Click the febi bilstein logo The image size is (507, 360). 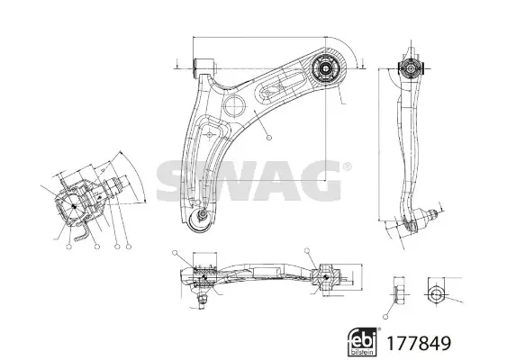tap(362, 342)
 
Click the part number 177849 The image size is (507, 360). tap(419, 344)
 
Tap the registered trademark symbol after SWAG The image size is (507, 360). tap(347, 166)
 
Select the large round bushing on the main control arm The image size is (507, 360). tap(326, 68)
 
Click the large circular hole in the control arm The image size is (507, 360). tap(235, 105)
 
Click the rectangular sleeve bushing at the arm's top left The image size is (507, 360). tap(204, 68)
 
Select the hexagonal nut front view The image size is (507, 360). tap(435, 294)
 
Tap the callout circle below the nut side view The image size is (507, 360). tap(385, 317)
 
